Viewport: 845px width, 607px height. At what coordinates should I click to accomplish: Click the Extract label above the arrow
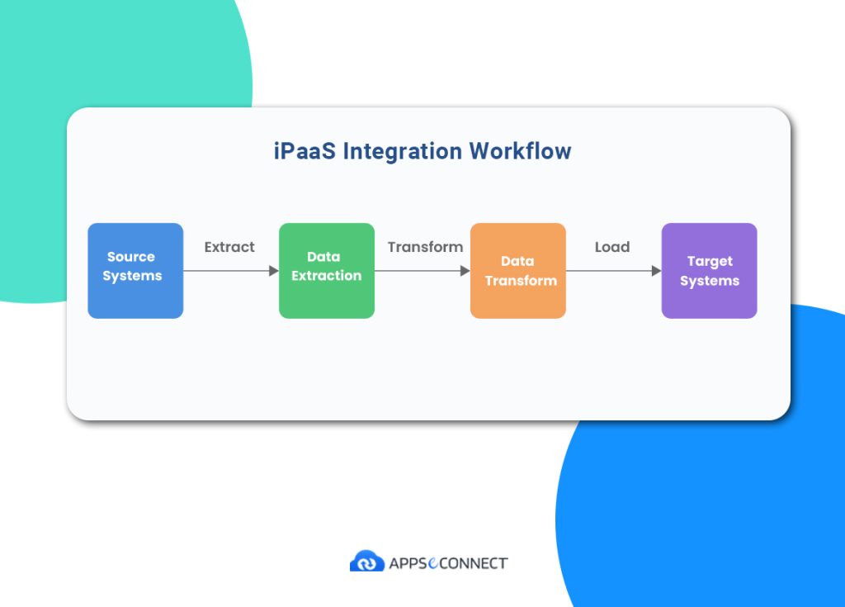(229, 247)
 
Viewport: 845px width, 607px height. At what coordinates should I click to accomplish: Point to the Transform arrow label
(425, 247)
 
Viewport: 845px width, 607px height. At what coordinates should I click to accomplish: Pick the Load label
(612, 247)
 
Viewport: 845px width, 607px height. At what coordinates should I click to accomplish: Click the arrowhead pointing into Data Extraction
(274, 271)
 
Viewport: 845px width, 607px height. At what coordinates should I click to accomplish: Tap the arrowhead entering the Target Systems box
(657, 271)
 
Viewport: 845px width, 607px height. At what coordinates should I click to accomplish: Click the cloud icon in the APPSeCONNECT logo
(366, 562)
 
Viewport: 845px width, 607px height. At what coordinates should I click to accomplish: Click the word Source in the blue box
(131, 257)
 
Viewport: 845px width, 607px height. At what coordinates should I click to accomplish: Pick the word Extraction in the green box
(327, 276)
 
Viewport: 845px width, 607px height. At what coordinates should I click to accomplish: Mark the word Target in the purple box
(710, 262)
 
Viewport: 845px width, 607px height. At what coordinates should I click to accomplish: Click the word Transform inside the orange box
(521, 281)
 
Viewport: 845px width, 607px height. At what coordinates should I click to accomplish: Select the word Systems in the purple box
(710, 281)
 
